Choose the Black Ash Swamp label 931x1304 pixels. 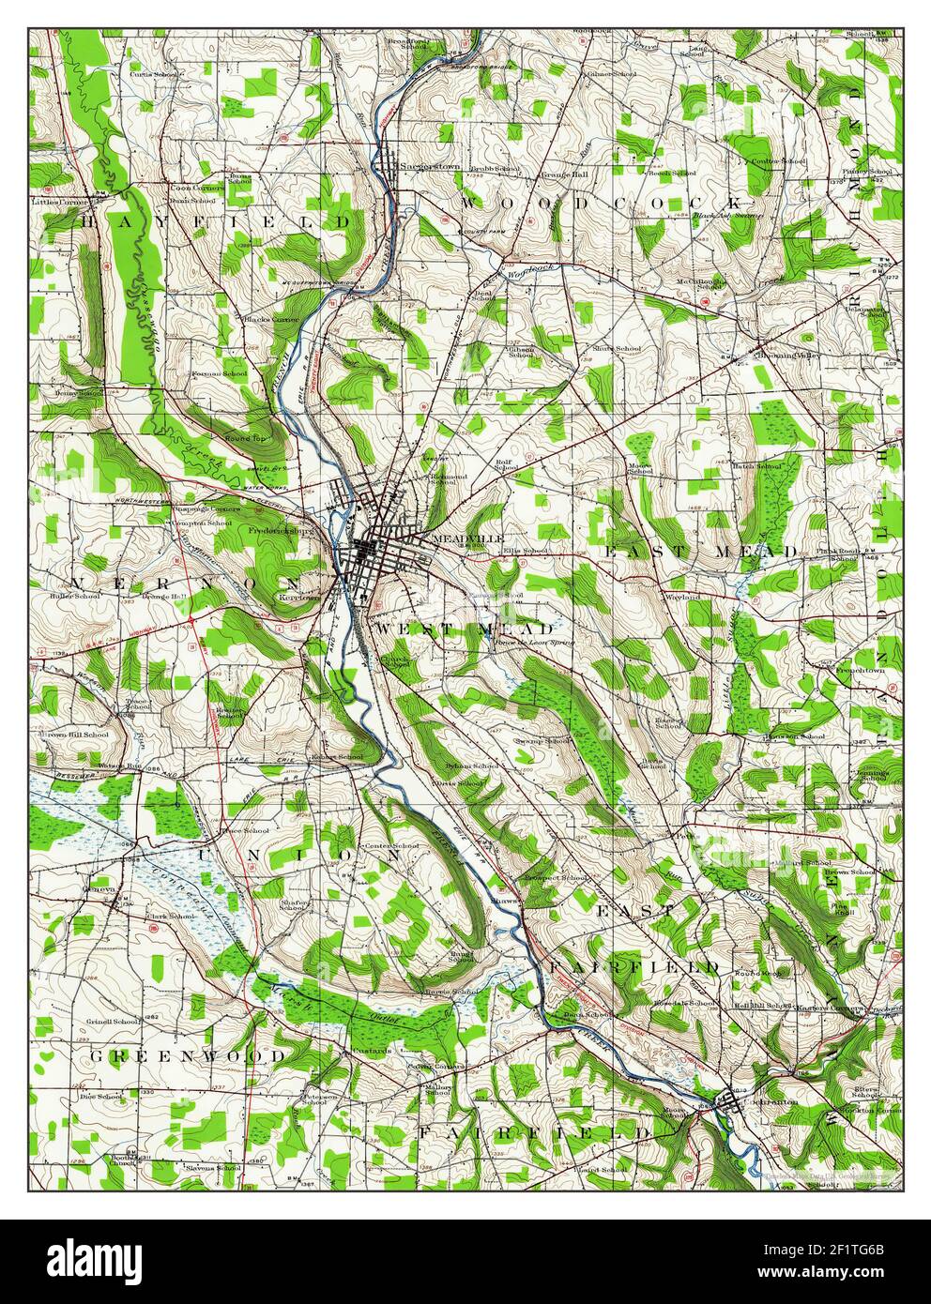tap(725, 219)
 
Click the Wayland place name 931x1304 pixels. tap(683, 597)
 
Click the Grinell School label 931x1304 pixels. tap(113, 1021)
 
